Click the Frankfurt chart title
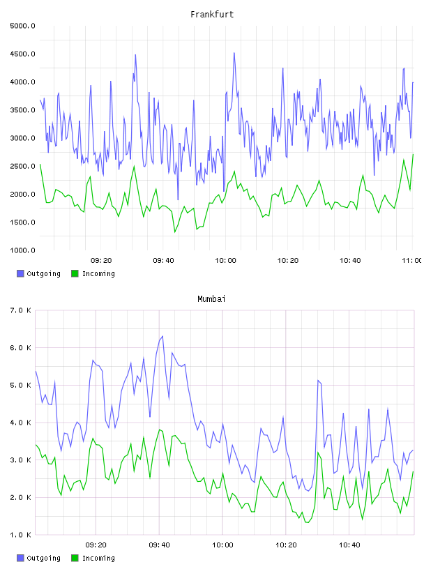(212, 15)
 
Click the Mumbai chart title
(211, 299)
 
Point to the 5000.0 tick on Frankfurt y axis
(22, 26)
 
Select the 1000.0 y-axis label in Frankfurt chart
(22, 250)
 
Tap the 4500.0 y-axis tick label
(22, 54)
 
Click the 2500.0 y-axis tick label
(22, 166)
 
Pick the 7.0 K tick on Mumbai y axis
(20, 310)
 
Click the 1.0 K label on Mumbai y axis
(20, 535)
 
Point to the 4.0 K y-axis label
(20, 423)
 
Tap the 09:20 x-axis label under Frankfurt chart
(101, 261)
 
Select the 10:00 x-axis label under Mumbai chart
(222, 545)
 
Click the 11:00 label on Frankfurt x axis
(412, 261)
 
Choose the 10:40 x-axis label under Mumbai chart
(349, 545)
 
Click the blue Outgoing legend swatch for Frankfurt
(20, 273)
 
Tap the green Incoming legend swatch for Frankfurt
(75, 273)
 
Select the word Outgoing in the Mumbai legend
(43, 558)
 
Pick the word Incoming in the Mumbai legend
(98, 558)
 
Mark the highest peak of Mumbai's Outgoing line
(162, 336)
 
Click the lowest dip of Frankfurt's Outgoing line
(178, 199)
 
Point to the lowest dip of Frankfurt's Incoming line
(175, 232)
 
